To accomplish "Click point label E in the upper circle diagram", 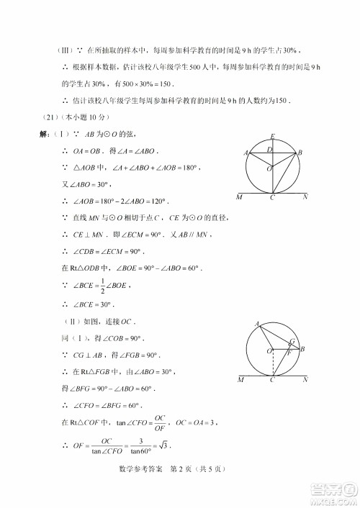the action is point(272,136).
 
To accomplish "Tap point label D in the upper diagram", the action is point(269,149).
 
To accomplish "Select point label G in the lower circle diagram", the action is point(292,342).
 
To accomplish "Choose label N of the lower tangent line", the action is point(305,379).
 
